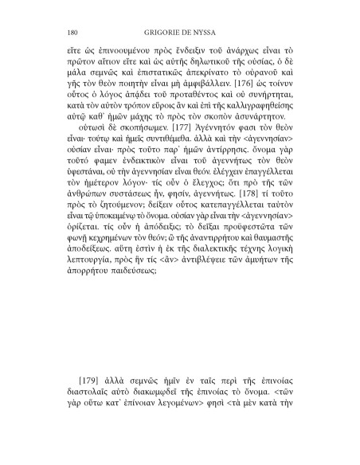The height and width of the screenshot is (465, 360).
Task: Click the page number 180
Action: pyautogui.click(x=67, y=33)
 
